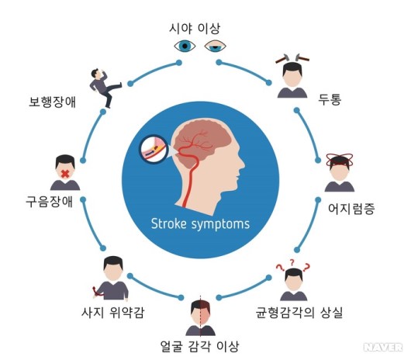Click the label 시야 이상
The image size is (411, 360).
(x=194, y=28)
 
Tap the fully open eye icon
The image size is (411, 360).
(x=185, y=46)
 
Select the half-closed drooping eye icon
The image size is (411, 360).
(x=216, y=46)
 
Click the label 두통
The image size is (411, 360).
(x=330, y=99)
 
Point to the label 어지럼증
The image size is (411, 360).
(x=351, y=209)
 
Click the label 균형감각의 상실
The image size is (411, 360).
(x=299, y=312)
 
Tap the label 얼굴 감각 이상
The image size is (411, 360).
(x=199, y=346)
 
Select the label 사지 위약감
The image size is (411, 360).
(x=112, y=312)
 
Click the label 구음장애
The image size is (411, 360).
(x=50, y=202)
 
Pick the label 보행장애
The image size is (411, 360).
(x=52, y=102)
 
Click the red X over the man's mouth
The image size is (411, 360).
(x=65, y=174)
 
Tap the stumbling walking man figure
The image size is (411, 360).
(x=105, y=88)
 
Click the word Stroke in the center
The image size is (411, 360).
(x=169, y=223)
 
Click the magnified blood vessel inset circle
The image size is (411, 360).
(x=154, y=149)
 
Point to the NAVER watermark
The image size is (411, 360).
(x=383, y=347)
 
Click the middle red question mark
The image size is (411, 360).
(x=292, y=261)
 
